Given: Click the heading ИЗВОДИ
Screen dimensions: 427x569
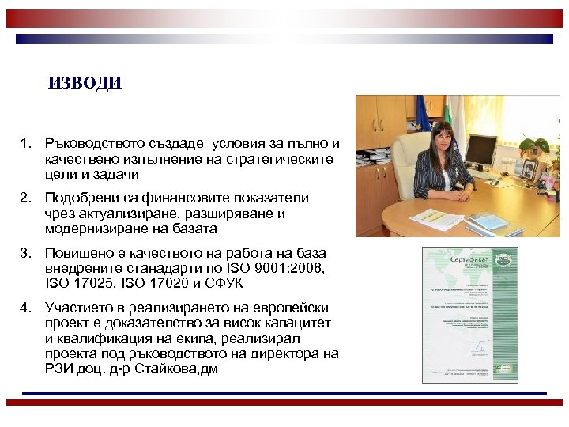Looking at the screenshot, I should click(x=85, y=83).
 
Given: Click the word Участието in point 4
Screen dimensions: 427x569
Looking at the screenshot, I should click(x=79, y=308).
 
